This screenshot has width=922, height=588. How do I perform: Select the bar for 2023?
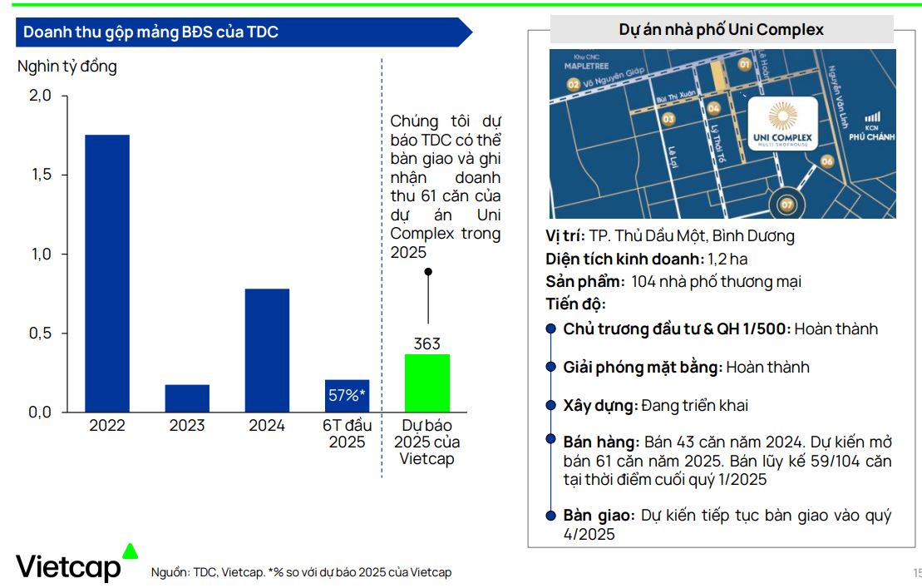click(187, 398)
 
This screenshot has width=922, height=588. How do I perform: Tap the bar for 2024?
click(267, 350)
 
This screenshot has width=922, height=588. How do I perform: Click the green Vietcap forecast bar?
click(427, 383)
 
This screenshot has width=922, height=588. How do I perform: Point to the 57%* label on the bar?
click(347, 395)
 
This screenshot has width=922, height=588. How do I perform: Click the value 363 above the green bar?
click(427, 343)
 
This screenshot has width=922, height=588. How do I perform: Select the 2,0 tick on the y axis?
click(41, 96)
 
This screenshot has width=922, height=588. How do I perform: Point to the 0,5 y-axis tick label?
click(41, 334)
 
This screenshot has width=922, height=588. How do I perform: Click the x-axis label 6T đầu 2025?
click(347, 433)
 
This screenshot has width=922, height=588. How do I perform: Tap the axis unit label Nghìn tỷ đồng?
click(67, 67)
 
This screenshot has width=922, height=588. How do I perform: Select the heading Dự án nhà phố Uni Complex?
click(721, 30)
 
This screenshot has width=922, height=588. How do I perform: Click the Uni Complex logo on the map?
click(782, 125)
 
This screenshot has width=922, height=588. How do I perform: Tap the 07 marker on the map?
click(787, 203)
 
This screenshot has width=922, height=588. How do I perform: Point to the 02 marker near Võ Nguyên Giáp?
click(573, 84)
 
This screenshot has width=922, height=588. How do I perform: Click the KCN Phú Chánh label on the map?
click(873, 129)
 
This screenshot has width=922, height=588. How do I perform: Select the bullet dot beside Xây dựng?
click(550, 405)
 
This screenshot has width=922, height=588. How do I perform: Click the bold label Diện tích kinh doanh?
click(624, 259)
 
